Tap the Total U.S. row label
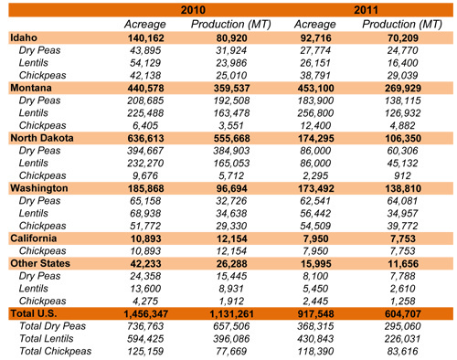(x=36, y=313)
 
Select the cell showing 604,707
(x=404, y=313)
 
